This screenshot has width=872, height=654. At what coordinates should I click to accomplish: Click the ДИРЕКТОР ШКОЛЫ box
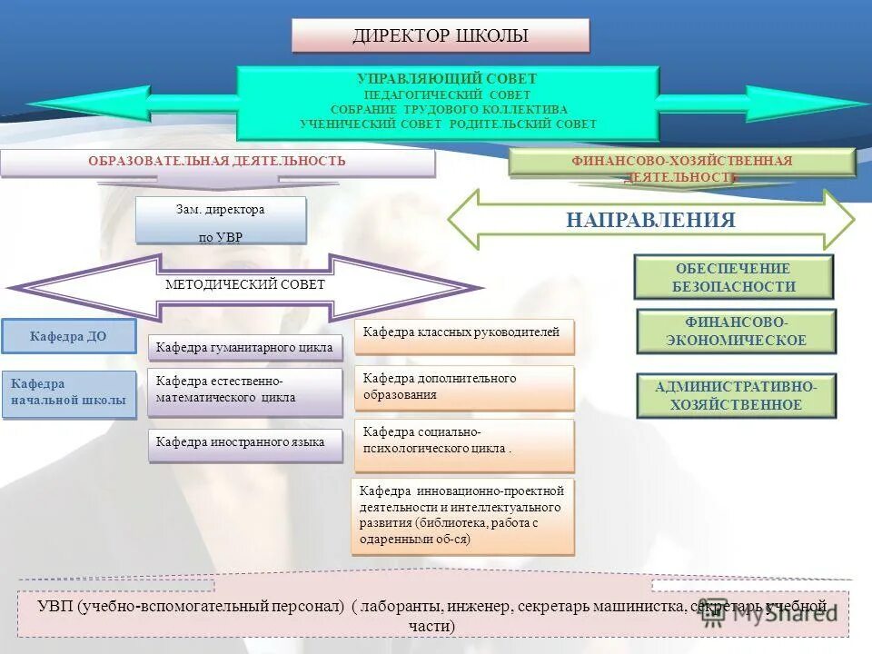441,36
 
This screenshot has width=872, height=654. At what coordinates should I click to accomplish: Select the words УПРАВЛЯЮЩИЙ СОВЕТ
447,79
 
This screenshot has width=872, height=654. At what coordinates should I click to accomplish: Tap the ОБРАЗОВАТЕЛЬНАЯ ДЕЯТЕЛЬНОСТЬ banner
217,162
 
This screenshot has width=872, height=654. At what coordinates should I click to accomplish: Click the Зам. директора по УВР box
221,222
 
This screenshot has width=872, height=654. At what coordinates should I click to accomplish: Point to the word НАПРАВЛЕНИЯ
650,220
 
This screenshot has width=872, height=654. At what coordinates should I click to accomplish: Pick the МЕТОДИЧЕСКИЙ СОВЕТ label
244,285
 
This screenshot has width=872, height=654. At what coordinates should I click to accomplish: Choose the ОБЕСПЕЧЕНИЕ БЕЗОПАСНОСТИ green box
733,278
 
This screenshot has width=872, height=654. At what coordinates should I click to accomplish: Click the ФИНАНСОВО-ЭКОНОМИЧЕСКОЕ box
736,332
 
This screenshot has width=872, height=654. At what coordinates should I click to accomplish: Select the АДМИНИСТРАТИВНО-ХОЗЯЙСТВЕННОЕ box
736,396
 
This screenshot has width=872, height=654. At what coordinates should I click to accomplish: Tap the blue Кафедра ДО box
68,336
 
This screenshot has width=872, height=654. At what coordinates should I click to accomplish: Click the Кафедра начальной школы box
68,392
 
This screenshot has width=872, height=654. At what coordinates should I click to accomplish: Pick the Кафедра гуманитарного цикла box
244,347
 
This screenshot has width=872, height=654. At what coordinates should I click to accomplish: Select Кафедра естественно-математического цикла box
244,391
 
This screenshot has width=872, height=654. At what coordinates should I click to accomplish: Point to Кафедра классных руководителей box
463,333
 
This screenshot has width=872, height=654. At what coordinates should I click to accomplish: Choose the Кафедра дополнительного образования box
463,387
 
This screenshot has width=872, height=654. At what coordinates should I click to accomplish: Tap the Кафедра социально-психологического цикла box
463,441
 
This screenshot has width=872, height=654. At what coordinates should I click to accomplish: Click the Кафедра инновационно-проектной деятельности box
463,515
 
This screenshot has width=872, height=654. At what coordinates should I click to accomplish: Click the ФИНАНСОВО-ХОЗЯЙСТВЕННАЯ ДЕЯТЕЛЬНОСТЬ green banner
681,162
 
